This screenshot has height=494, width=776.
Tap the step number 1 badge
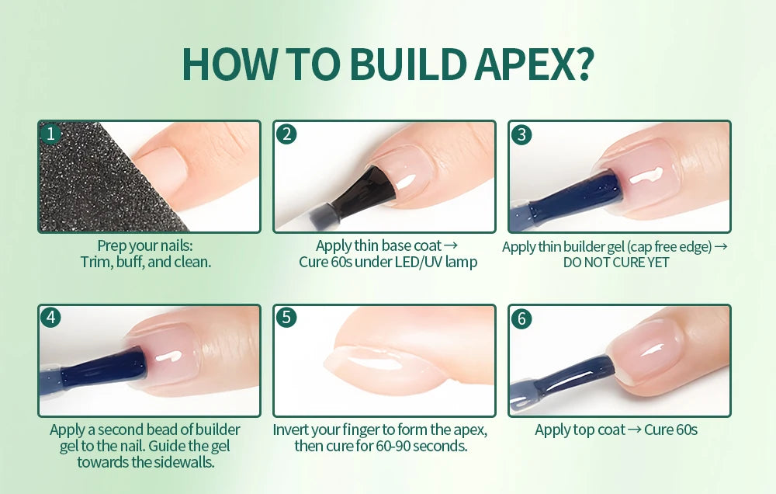tap(51, 134)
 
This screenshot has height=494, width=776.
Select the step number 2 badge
tap(286, 134)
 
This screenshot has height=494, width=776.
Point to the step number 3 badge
tap(521, 134)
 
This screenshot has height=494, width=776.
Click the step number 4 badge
tap(51, 318)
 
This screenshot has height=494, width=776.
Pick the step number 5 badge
tap(286, 318)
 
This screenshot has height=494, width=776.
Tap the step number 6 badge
tap(521, 318)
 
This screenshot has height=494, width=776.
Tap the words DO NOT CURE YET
tap(616, 263)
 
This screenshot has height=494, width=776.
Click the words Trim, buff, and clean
tap(146, 263)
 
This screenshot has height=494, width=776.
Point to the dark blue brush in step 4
tap(101, 368)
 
